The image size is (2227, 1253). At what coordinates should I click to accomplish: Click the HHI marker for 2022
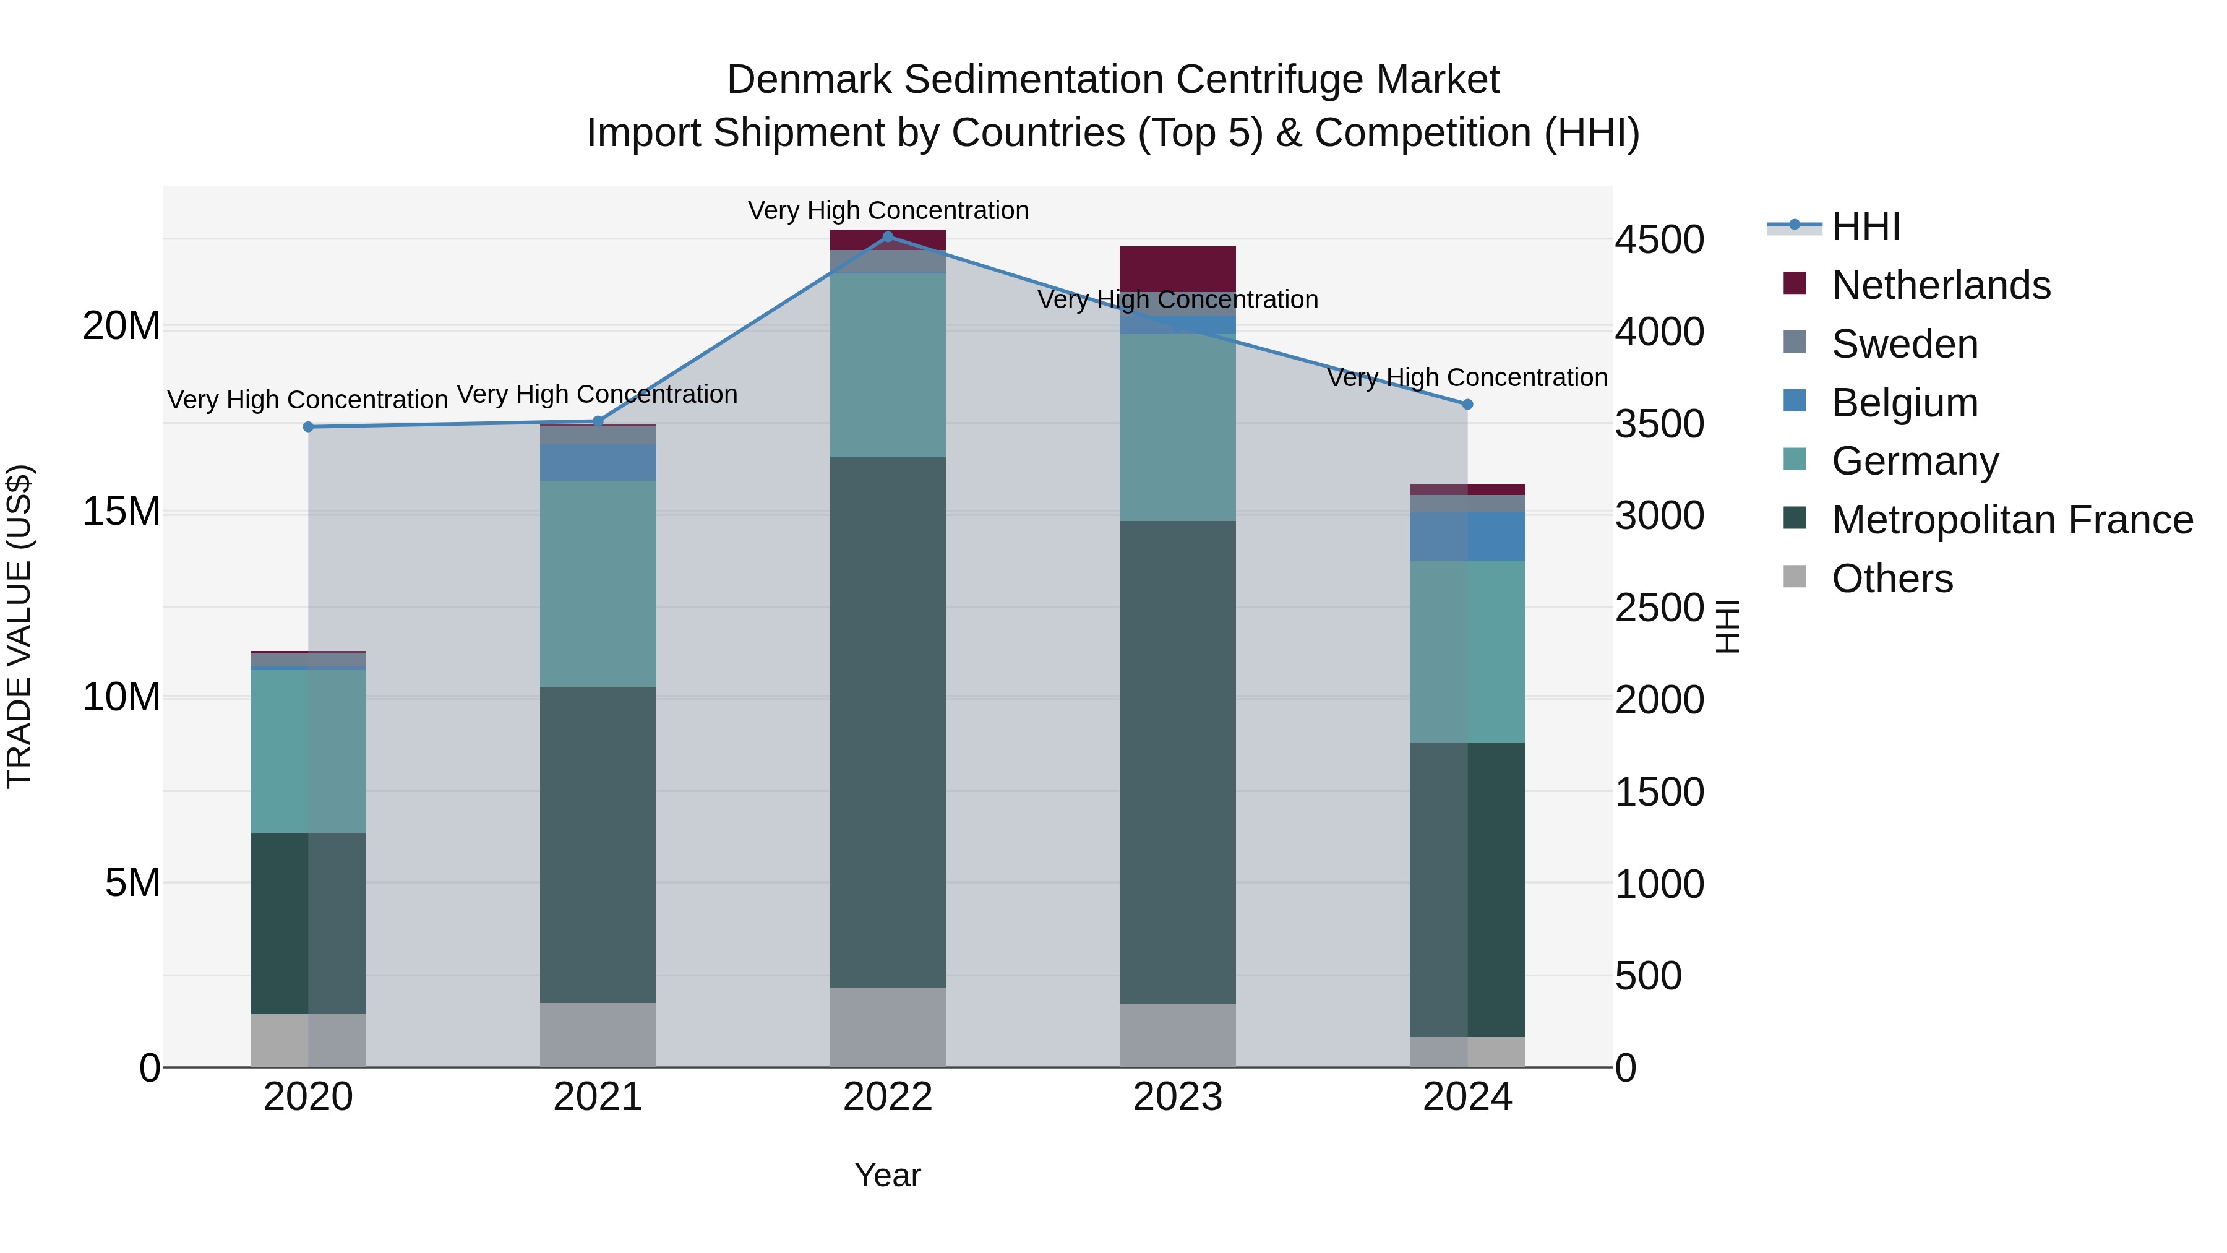coord(888,236)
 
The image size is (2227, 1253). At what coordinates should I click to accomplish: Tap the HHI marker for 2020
coord(308,426)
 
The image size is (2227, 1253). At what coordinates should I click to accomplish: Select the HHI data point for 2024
coord(1467,404)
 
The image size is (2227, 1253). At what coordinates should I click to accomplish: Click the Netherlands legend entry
coord(1940,285)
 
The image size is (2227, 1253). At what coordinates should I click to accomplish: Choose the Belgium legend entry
coord(1905,403)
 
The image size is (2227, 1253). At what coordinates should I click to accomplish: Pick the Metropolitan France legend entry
coord(2012,520)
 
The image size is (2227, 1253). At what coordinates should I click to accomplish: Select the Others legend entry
coord(1892,579)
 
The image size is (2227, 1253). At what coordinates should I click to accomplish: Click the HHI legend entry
coord(1866,226)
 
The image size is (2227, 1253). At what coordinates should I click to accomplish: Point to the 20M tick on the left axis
coord(121,327)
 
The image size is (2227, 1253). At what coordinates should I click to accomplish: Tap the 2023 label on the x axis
coord(1177,1097)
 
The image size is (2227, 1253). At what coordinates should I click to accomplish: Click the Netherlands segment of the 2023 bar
coord(1177,268)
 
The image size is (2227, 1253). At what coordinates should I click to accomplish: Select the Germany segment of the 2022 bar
coord(888,365)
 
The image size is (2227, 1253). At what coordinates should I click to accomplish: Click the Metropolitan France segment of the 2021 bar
coord(598,844)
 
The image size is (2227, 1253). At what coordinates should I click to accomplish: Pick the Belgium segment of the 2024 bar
coord(1467,536)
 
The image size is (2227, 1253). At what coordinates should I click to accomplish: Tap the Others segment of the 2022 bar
coord(888,1027)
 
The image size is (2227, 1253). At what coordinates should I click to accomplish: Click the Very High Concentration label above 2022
coord(888,210)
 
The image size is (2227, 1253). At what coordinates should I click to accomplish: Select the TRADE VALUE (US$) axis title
coord(19,626)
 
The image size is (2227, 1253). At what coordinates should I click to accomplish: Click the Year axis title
coord(888,1175)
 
